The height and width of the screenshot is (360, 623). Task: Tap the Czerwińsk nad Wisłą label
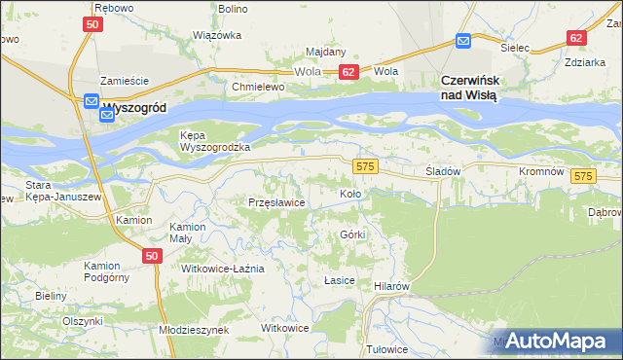(469, 88)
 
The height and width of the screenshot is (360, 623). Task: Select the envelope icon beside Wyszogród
(91, 101)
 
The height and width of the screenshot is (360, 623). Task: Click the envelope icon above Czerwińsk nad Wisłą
(463, 41)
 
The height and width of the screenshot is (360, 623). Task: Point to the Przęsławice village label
(277, 202)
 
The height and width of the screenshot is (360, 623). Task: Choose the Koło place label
(350, 194)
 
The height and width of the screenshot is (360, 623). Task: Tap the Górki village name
(352, 235)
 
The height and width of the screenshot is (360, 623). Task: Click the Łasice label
(338, 279)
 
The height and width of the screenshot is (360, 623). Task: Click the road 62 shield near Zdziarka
(576, 38)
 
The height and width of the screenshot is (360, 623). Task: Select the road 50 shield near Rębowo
(92, 23)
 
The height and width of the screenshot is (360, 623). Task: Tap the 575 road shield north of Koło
(365, 166)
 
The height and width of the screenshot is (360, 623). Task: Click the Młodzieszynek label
(193, 330)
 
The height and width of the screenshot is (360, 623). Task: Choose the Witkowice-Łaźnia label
(223, 268)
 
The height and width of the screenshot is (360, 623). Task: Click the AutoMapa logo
(556, 341)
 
